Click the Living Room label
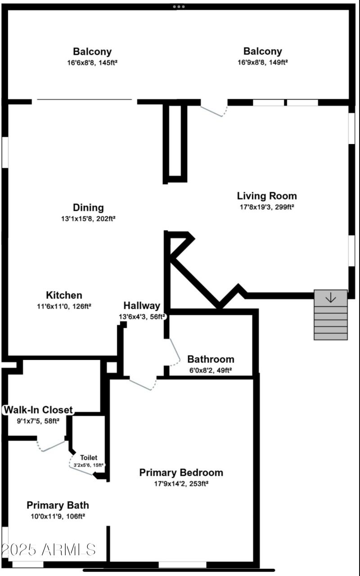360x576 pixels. pos(267,196)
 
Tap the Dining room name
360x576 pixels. pos(88,207)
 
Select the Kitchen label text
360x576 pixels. pos(64,295)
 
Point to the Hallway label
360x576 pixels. pos(142,306)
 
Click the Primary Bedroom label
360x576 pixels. pos(181,472)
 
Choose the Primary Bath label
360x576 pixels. pos(58,505)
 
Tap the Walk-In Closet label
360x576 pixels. pos(38,410)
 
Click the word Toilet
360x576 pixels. pos(89,458)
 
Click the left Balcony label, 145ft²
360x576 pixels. pos(92,51)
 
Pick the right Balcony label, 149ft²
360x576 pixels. pos(263,51)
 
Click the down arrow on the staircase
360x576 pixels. pos(331,297)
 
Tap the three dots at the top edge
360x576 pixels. pos(179,7)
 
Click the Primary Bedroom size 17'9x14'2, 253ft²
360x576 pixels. pos(181,484)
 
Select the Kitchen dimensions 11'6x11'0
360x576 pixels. pos(64,306)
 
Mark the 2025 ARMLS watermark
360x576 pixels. pos(49,549)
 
